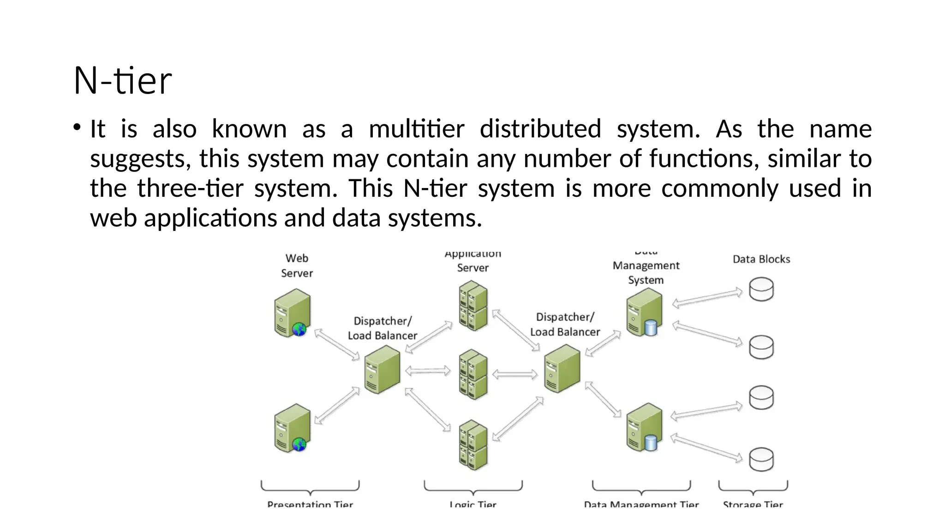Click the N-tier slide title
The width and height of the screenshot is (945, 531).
tap(123, 81)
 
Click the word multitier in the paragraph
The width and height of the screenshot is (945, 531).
tap(416, 129)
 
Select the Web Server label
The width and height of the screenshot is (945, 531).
tap(297, 265)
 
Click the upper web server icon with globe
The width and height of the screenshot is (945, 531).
tap(292, 313)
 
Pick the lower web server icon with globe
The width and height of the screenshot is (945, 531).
tap(292, 428)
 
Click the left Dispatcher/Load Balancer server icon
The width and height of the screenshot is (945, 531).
tap(382, 370)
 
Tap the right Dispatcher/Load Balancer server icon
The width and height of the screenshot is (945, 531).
tap(562, 369)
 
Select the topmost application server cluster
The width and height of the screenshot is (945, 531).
tap(473, 307)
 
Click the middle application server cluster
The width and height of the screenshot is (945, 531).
tap(473, 374)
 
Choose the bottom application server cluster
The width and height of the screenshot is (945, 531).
tap(473, 444)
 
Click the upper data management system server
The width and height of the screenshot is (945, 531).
tap(644, 313)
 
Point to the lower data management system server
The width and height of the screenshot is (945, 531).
tap(644, 427)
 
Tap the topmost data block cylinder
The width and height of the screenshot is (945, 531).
tap(761, 289)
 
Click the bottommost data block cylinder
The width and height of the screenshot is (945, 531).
tap(761, 459)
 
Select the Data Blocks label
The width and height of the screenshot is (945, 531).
tap(761, 259)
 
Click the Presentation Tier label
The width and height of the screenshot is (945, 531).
tap(310, 504)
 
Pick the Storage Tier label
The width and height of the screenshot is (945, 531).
tap(753, 504)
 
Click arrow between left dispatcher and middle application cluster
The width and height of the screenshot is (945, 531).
tap(428, 371)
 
